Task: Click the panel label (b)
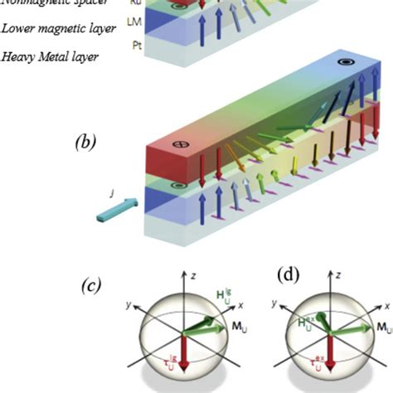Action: (x=86, y=143)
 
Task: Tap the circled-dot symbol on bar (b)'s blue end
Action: (x=344, y=63)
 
